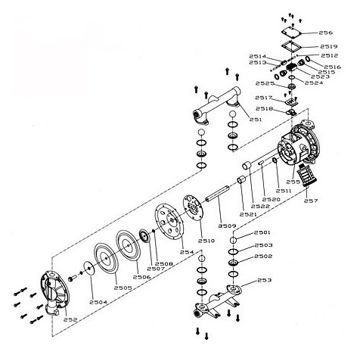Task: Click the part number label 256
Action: [x=326, y=33]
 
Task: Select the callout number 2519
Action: [x=329, y=46]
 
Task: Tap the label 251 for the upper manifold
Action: [x=256, y=120]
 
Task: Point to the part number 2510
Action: [x=206, y=241]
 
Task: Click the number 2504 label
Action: [x=98, y=302]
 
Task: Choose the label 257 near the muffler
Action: [x=311, y=201]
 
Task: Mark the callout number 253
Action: [x=265, y=280]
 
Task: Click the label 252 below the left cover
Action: [x=70, y=319]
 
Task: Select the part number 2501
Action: [x=262, y=232]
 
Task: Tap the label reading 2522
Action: [x=260, y=206]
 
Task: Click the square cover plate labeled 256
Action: [x=291, y=33]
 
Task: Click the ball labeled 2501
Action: [x=233, y=240]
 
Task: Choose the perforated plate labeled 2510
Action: [x=193, y=207]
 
